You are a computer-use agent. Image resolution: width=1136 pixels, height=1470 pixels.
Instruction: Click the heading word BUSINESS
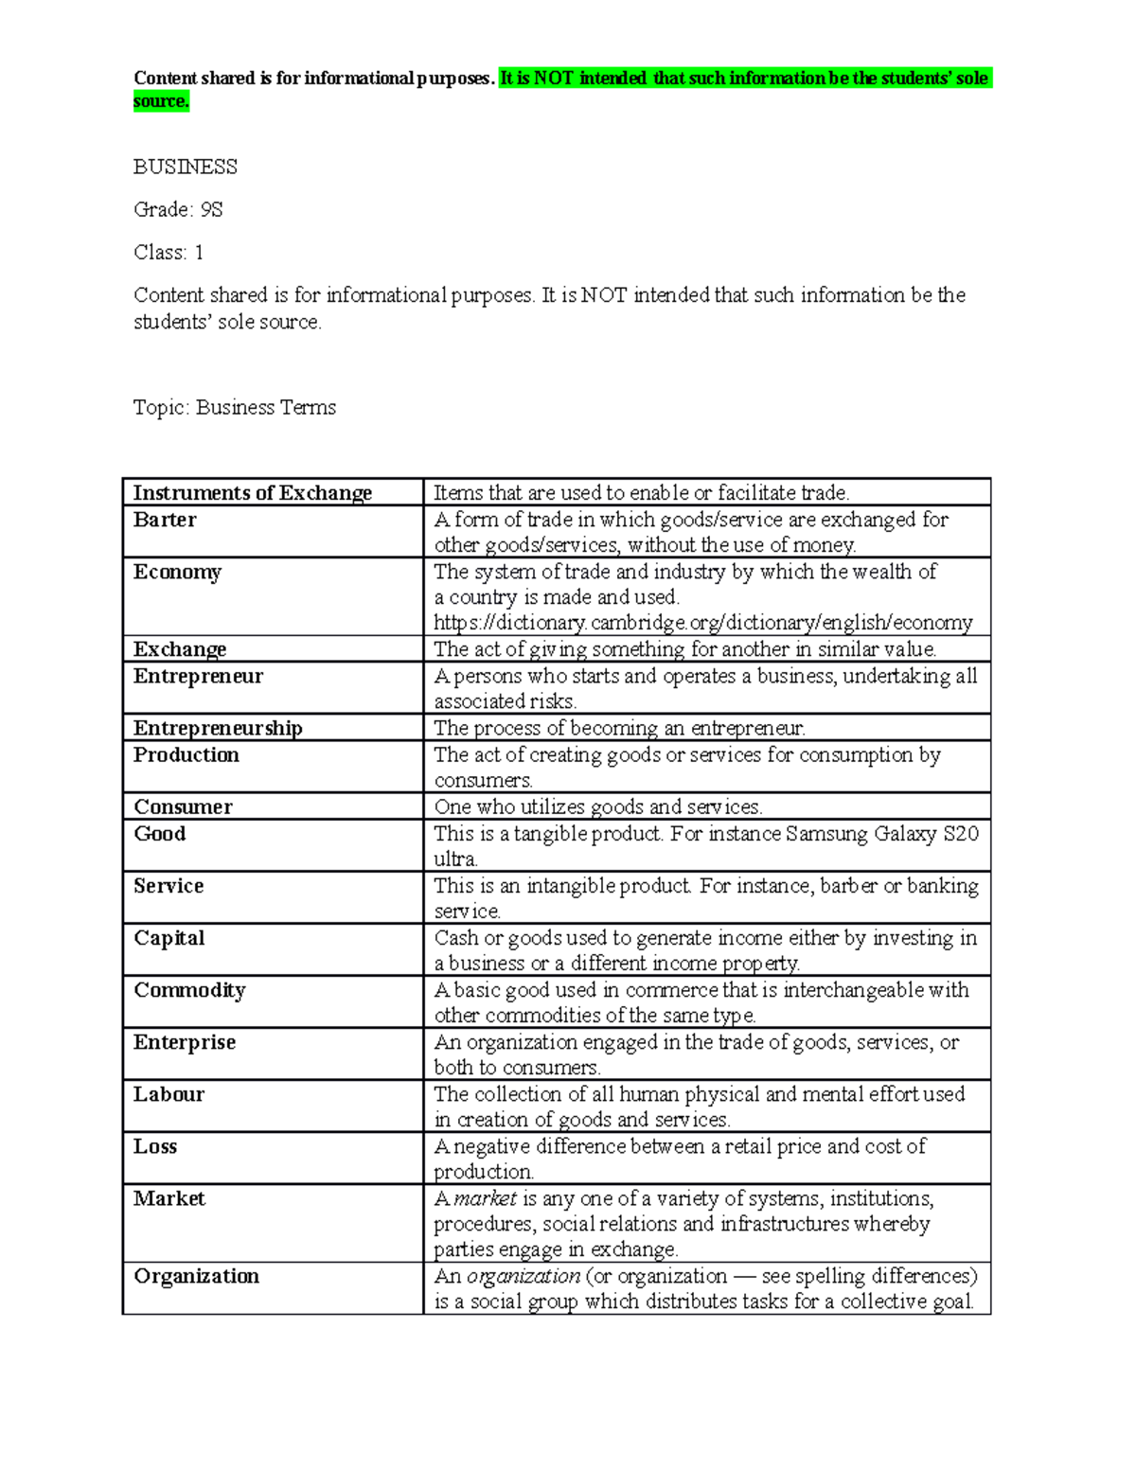tap(185, 168)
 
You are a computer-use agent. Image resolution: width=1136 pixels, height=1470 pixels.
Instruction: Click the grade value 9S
tap(211, 210)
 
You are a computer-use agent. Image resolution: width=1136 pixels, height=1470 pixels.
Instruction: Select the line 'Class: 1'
tap(169, 253)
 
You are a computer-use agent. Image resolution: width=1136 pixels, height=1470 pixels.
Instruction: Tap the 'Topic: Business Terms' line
tap(235, 408)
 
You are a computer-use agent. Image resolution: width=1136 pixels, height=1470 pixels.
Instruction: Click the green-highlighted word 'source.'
tap(161, 101)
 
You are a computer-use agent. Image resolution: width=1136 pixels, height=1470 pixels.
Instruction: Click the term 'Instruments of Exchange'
tap(252, 492)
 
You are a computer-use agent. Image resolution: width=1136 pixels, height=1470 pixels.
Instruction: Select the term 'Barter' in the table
tap(165, 520)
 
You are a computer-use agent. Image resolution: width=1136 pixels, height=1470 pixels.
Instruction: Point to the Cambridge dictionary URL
tap(702, 623)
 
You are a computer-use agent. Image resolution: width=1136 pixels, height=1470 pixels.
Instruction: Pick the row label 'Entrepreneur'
tap(198, 676)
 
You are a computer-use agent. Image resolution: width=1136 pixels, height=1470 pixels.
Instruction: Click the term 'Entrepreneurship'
tap(218, 728)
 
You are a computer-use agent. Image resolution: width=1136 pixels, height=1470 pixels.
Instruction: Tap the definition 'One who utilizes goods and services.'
tap(597, 807)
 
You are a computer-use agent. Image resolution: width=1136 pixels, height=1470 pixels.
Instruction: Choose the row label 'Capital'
tap(169, 938)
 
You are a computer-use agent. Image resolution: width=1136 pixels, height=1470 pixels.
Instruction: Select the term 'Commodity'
tap(189, 990)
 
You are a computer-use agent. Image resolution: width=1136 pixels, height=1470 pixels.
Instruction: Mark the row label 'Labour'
tap(169, 1094)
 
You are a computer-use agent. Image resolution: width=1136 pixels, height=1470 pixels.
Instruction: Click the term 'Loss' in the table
tap(155, 1146)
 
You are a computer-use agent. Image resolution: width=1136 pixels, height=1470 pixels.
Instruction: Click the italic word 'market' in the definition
tap(486, 1199)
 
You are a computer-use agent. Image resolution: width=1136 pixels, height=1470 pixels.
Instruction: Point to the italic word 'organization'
tap(523, 1277)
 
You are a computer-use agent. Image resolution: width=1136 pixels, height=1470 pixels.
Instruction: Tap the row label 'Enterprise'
tap(185, 1042)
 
